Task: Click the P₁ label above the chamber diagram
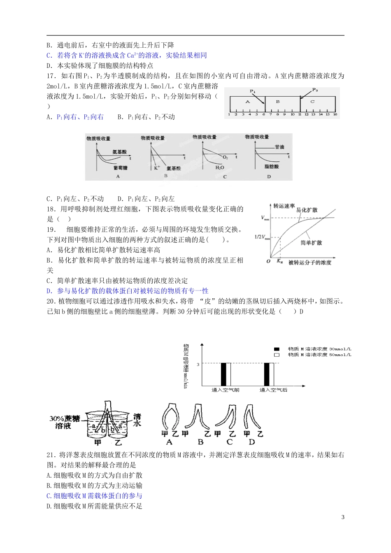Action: pyautogui.click(x=253, y=91)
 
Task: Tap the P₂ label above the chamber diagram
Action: pyautogui.click(x=315, y=90)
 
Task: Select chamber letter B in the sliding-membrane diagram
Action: pyautogui.click(x=278, y=102)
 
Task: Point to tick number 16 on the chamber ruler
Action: pyautogui.click(x=335, y=114)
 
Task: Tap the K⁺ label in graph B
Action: pyautogui.click(x=157, y=168)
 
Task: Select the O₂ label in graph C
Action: pyautogui.click(x=225, y=158)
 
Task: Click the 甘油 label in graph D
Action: pyautogui.click(x=279, y=147)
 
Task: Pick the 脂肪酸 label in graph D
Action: pyautogui.click(x=272, y=167)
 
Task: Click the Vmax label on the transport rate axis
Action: pyautogui.click(x=265, y=218)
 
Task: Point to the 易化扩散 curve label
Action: pyautogui.click(x=307, y=210)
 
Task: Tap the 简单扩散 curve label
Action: pyautogui.click(x=311, y=243)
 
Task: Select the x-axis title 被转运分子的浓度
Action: pyautogui.click(x=310, y=263)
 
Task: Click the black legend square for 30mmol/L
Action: pyautogui.click(x=277, y=349)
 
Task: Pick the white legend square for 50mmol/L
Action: pyautogui.click(x=277, y=355)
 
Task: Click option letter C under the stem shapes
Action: pyautogui.click(x=229, y=442)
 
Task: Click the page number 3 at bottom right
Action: pyautogui.click(x=343, y=517)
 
